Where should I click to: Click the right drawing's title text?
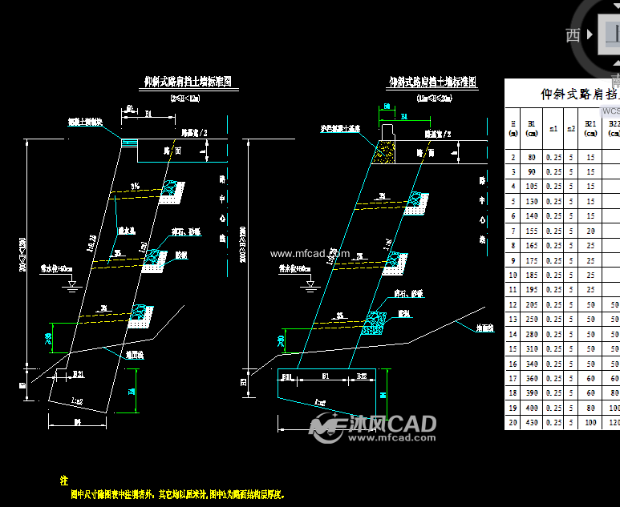click(x=432, y=82)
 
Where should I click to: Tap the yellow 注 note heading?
click(x=64, y=481)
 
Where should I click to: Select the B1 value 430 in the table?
click(x=532, y=422)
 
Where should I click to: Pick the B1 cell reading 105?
click(x=532, y=186)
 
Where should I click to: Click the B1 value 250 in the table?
click(x=532, y=319)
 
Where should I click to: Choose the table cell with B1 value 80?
click(x=532, y=156)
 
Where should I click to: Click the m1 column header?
click(x=553, y=128)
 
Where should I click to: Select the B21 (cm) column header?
click(x=590, y=128)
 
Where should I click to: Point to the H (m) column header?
click(x=513, y=128)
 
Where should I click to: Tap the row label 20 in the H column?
click(x=513, y=422)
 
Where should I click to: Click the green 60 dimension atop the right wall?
click(x=387, y=106)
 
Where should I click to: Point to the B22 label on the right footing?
click(x=362, y=374)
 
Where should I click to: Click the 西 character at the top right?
click(x=573, y=34)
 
